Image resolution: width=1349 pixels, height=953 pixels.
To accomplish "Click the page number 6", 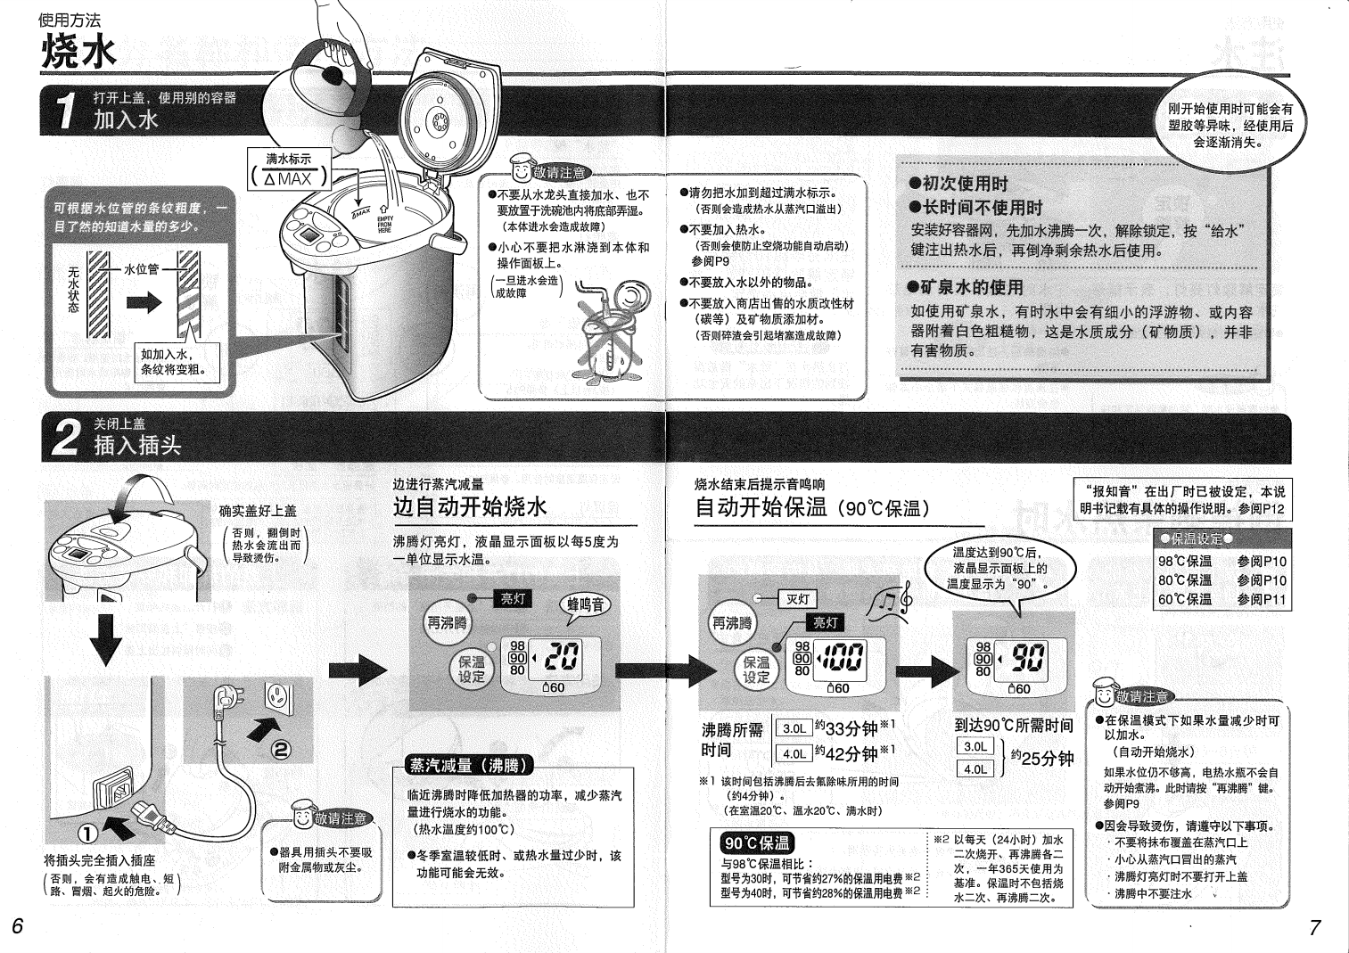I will (x=17, y=925).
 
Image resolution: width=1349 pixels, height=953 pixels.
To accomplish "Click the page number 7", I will (x=1314, y=927).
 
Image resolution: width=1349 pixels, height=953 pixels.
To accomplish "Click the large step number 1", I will (x=64, y=111).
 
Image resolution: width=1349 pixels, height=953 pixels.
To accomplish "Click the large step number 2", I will (x=66, y=438).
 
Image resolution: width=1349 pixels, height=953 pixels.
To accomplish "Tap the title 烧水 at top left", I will (x=78, y=53).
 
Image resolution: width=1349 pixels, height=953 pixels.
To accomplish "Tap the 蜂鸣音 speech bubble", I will (x=586, y=604).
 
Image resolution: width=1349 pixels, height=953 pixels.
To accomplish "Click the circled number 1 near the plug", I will (x=87, y=834).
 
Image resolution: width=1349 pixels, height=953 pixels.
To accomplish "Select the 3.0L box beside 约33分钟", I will (x=794, y=728).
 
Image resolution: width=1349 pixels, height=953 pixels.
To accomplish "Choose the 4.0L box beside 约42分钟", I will (x=794, y=753).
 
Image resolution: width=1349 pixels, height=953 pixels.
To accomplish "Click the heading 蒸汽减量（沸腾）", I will (x=469, y=765).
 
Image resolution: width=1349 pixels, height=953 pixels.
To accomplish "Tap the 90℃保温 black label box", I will (x=757, y=842).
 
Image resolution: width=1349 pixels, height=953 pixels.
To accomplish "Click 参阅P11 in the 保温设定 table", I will (x=1262, y=599).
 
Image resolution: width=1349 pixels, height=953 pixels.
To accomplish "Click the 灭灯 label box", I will (x=797, y=599).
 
